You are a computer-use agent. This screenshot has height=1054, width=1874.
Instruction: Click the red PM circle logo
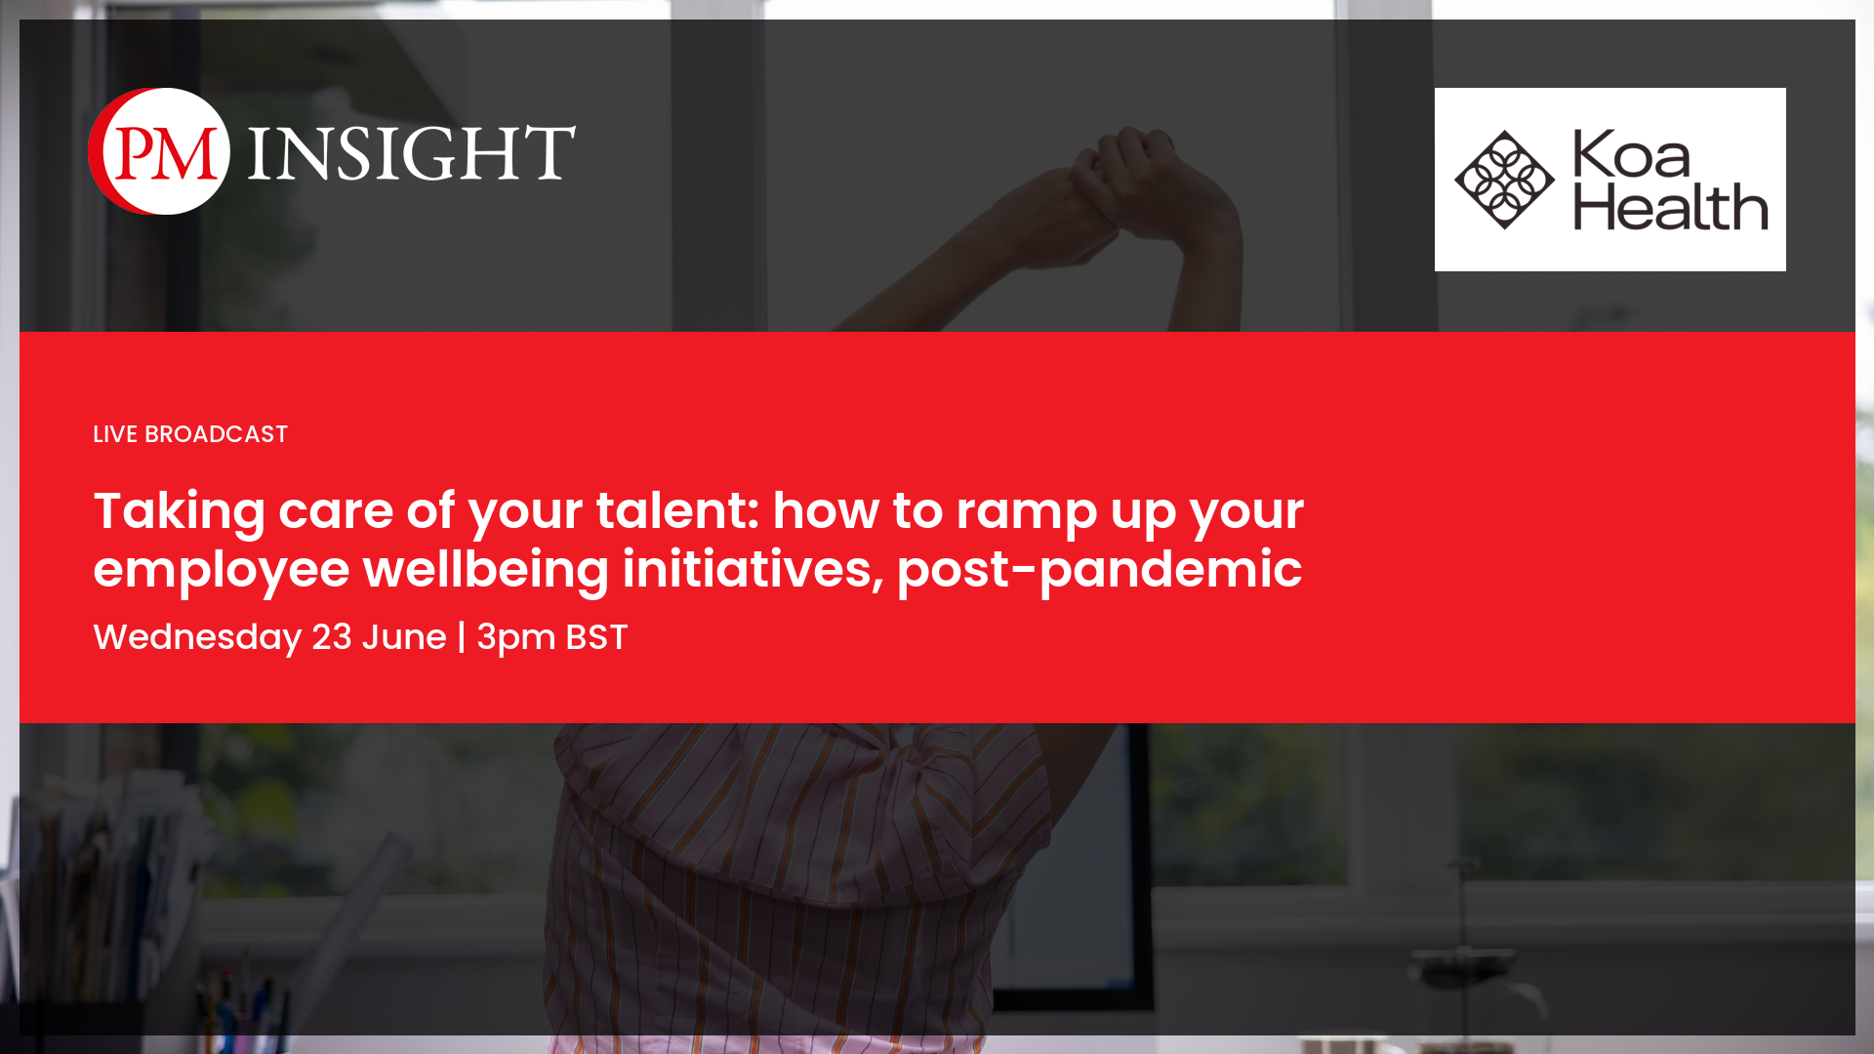tap(159, 151)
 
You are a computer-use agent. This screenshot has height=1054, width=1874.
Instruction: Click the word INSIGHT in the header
tap(412, 152)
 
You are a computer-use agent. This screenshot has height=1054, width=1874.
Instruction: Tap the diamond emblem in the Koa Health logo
tap(1504, 180)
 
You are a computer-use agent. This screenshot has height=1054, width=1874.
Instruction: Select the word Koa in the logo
tap(1631, 155)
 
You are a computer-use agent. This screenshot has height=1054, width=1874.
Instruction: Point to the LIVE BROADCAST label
tap(190, 434)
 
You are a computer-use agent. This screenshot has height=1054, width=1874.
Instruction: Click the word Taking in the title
tap(180, 512)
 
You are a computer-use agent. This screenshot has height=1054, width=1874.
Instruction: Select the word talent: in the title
tap(678, 510)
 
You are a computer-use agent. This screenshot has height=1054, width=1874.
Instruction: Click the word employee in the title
tap(222, 571)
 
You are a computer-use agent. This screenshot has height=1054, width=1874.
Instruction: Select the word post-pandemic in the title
tap(1099, 571)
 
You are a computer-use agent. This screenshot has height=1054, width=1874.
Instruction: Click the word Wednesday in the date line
tap(197, 638)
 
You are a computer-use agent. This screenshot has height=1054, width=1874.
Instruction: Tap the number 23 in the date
tap(332, 637)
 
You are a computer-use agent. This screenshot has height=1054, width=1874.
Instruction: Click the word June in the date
tap(404, 637)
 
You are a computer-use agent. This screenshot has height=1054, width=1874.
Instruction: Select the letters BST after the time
tap(596, 637)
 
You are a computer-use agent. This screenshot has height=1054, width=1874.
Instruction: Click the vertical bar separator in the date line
tap(462, 637)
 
